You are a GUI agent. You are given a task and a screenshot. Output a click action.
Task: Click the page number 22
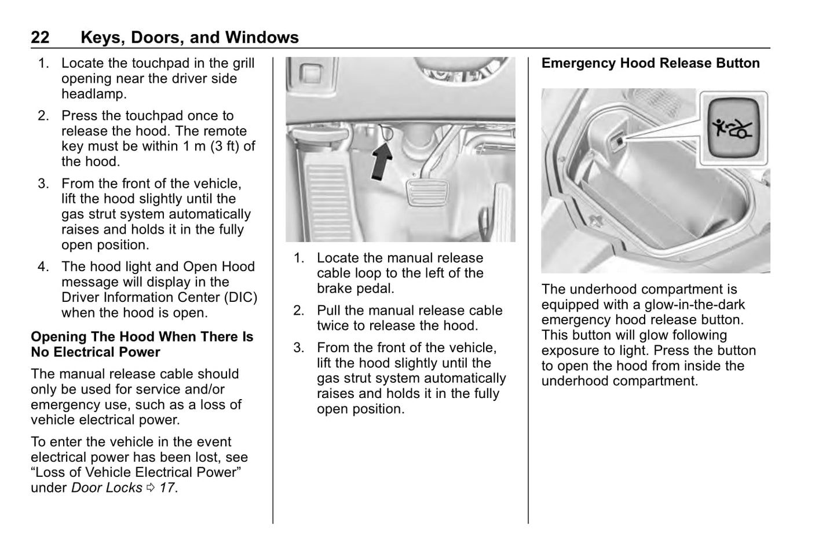pos(40,38)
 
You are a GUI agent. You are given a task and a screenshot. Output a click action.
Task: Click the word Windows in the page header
pos(262,38)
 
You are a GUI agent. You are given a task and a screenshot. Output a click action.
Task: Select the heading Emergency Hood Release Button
pos(650,63)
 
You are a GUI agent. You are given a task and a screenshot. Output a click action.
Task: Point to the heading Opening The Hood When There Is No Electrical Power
pos(142,344)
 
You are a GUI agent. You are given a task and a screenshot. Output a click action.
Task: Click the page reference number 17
pos(166,488)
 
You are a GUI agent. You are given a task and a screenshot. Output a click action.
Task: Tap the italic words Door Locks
pos(107,488)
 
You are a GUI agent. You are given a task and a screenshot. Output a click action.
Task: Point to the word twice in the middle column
pos(333,326)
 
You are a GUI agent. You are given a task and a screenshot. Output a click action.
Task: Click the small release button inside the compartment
pos(618,140)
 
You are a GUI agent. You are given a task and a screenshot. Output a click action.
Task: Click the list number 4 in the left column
pos(43,267)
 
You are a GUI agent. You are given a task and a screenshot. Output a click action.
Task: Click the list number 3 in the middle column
pos(298,348)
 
